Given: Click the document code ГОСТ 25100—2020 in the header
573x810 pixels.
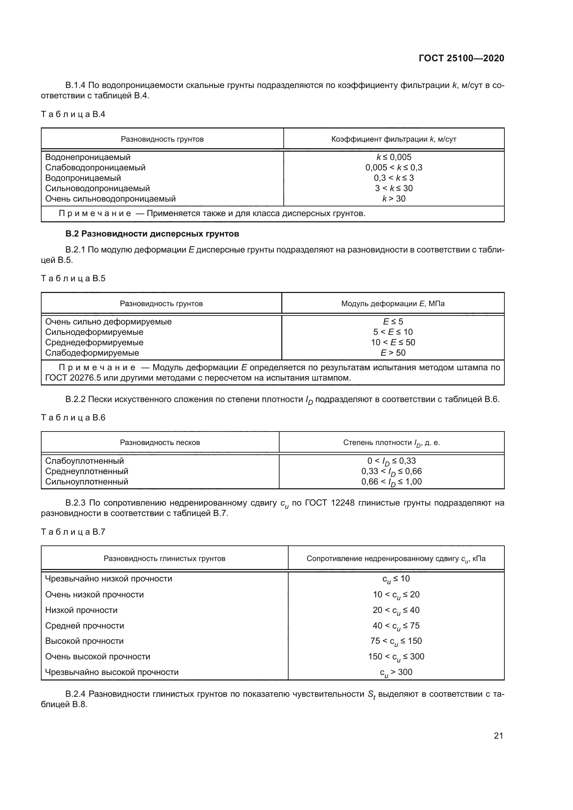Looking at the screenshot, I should point(461,58).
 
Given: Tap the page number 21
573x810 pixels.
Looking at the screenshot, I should point(498,736).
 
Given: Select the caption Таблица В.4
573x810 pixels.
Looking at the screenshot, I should point(73,114).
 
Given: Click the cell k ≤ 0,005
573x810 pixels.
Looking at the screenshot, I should point(394,157).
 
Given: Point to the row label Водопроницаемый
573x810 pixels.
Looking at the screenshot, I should point(83,178).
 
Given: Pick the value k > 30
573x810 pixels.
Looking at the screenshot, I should point(394,199).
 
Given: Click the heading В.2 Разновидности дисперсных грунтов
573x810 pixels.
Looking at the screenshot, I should point(152,234).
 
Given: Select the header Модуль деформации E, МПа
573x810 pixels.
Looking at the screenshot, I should point(393,304).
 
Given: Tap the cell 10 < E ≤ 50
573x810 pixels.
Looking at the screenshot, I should point(393,342).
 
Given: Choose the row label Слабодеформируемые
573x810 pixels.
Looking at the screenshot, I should point(92,353).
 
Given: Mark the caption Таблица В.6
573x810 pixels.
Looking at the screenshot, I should point(73,418).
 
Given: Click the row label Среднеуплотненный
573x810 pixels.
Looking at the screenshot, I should point(87,471).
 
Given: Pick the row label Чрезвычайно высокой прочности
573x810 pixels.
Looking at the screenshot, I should point(112,673).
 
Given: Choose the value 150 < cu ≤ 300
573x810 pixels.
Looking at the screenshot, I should point(396,657).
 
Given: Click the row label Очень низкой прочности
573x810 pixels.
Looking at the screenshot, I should point(95,595).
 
